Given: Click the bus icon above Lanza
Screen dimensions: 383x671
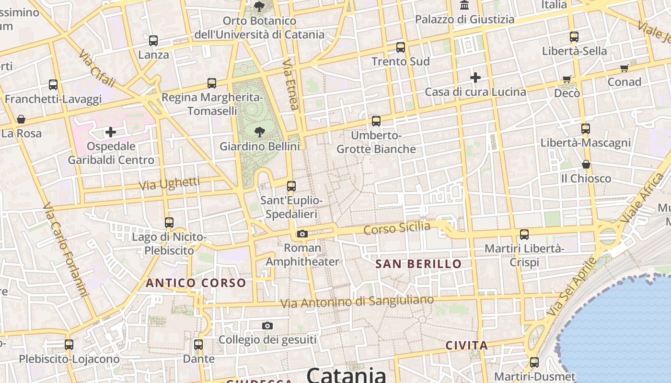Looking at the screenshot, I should click(x=153, y=41).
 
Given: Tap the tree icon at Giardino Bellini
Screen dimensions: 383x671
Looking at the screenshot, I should click(x=260, y=132).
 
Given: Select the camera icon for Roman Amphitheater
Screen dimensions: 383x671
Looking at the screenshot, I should click(x=302, y=234).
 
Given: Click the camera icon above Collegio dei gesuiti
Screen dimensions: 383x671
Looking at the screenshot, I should click(x=267, y=326).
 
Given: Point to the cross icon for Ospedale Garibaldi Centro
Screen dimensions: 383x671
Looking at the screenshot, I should click(x=111, y=132).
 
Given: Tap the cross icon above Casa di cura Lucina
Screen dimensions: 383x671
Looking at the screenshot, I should click(x=475, y=77).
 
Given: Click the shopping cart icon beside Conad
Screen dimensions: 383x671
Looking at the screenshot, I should click(x=624, y=68).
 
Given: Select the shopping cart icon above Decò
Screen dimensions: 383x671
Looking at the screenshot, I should click(x=567, y=79).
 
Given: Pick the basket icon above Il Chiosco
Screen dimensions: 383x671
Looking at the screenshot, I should click(x=586, y=164).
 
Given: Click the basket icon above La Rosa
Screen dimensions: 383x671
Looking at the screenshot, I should click(x=21, y=119).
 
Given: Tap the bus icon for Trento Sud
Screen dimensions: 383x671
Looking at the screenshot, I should click(x=401, y=47).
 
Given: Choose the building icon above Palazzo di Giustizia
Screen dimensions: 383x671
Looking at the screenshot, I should click(x=464, y=5).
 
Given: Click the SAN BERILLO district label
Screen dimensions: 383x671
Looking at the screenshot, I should click(x=418, y=264).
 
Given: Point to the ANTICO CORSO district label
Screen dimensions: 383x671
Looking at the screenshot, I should click(x=196, y=283).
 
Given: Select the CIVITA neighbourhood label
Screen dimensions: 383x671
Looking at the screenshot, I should click(x=466, y=345).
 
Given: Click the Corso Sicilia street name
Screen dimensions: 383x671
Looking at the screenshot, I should click(x=397, y=228).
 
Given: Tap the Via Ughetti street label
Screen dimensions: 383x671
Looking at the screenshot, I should click(x=169, y=183).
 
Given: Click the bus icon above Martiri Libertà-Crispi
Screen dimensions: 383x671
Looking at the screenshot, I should click(x=524, y=235).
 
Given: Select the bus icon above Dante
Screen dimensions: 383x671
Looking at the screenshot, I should click(x=198, y=345).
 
